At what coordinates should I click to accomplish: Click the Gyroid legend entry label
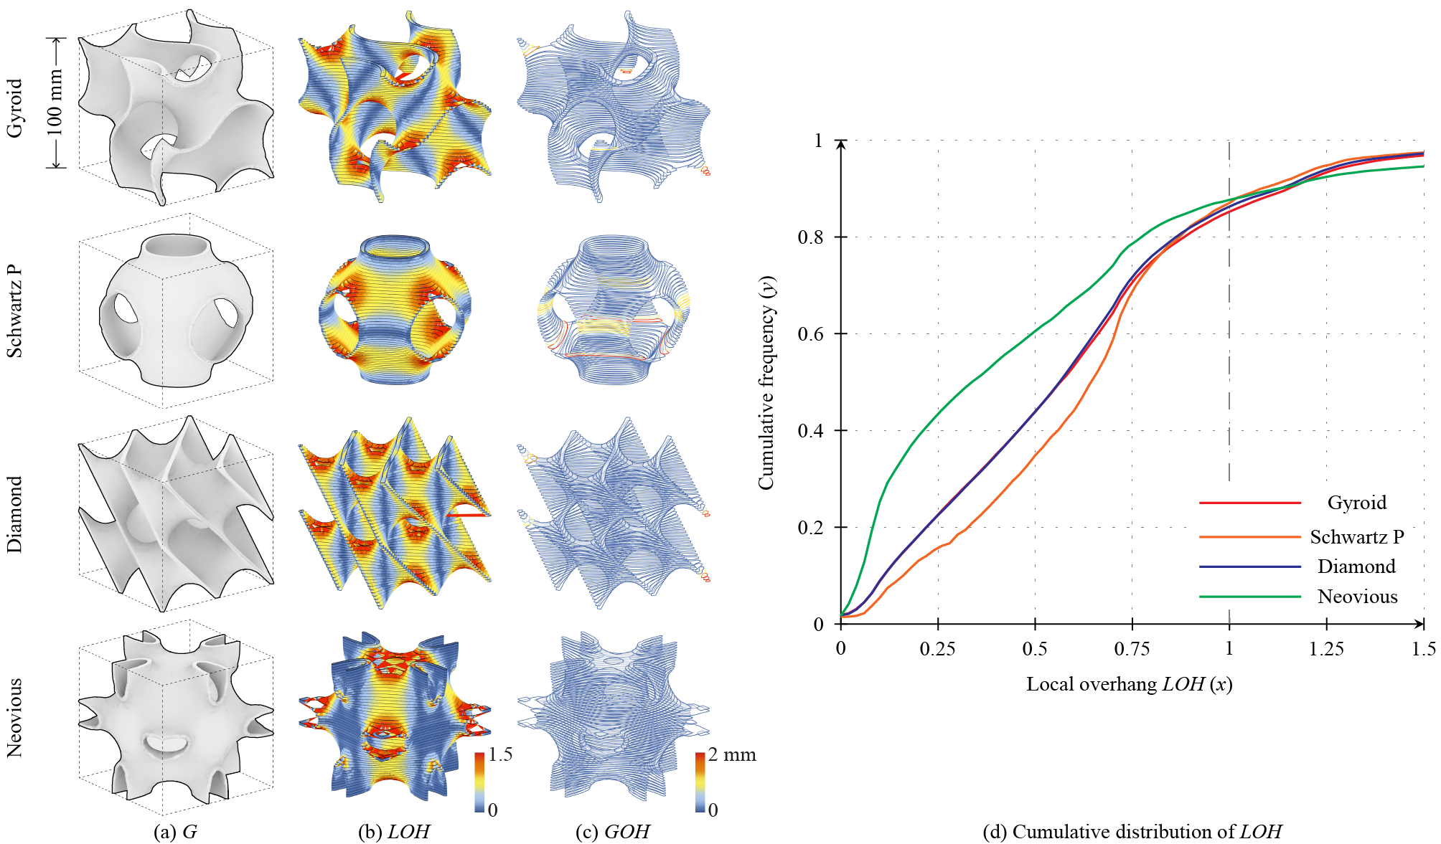(x=1356, y=503)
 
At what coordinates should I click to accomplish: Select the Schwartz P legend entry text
(x=1356, y=537)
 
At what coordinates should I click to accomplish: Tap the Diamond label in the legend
(x=1356, y=566)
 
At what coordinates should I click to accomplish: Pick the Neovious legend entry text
(x=1357, y=597)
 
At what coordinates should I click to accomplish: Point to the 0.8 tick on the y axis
(x=811, y=237)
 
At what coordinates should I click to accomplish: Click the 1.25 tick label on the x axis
(x=1326, y=649)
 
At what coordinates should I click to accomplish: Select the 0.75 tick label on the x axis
(x=1132, y=649)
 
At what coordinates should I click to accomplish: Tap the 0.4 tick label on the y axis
(x=811, y=431)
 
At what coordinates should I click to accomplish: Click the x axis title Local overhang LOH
(x=1129, y=684)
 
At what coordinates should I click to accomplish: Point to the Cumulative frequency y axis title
(x=766, y=383)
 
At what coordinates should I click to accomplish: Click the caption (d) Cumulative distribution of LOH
(x=1132, y=832)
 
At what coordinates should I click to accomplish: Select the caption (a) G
(x=175, y=832)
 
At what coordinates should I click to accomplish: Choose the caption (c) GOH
(x=612, y=832)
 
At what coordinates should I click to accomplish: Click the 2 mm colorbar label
(x=732, y=754)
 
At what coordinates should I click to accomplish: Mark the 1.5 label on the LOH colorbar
(x=500, y=754)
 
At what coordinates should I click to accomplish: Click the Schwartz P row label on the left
(x=14, y=311)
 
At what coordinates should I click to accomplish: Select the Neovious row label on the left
(x=14, y=718)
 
